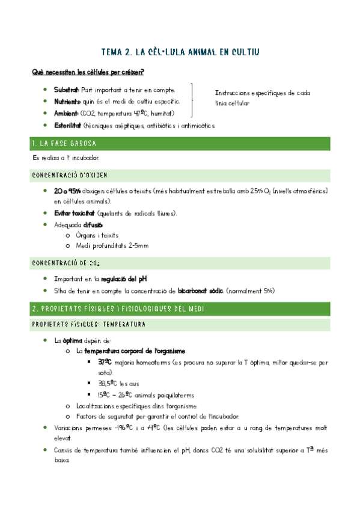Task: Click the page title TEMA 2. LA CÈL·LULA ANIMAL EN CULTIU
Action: (x=181, y=52)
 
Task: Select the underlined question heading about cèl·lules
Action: (x=88, y=73)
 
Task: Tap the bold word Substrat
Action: (x=66, y=90)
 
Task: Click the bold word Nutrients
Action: (x=67, y=102)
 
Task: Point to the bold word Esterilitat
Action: (x=68, y=125)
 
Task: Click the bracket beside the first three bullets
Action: (x=192, y=101)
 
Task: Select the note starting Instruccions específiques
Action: (x=262, y=98)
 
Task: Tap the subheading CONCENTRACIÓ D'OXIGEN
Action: (x=69, y=175)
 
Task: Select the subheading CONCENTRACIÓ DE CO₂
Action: (x=67, y=263)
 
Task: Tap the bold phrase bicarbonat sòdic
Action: (x=200, y=290)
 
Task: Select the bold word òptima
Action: (x=72, y=340)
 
